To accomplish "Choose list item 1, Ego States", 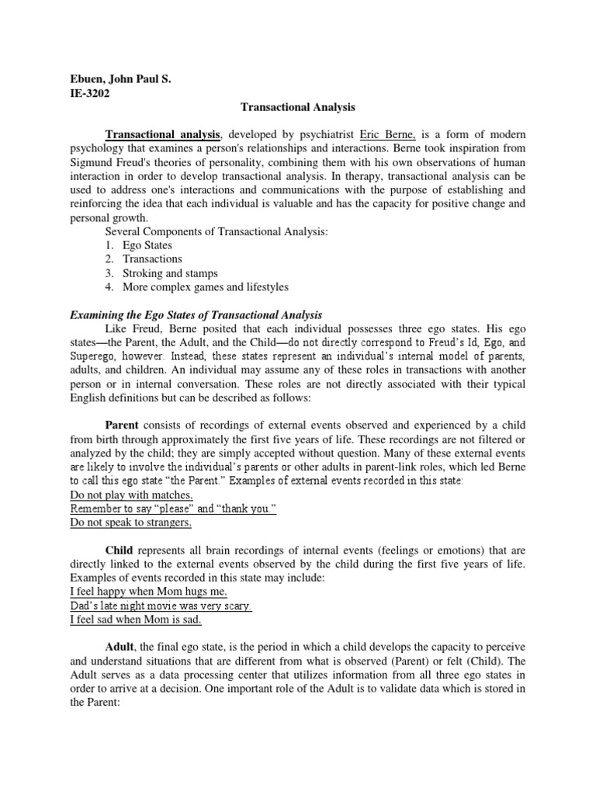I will pyautogui.click(x=148, y=245).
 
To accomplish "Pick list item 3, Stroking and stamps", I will pyautogui.click(x=170, y=273).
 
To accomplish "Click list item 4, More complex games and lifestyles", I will pyautogui.click(x=206, y=286).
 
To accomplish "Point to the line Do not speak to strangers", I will pyautogui.click(x=130, y=522).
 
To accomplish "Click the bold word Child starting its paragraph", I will pyautogui.click(x=120, y=550).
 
